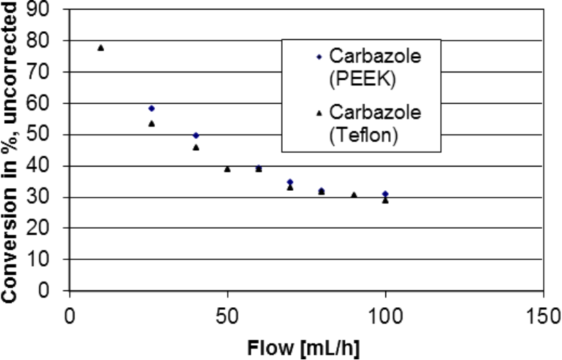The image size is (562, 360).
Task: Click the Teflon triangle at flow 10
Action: pyautogui.click(x=101, y=47)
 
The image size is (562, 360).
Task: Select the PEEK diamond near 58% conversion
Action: pyautogui.click(x=151, y=108)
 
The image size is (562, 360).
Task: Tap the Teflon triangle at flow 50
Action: pyautogui.click(x=227, y=168)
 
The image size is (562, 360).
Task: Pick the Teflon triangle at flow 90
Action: pyautogui.click(x=354, y=195)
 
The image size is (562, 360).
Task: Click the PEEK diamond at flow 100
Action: pyautogui.click(x=385, y=194)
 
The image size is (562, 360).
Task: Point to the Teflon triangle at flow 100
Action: pyautogui.click(x=385, y=200)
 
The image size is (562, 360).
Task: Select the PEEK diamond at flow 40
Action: pyautogui.click(x=196, y=135)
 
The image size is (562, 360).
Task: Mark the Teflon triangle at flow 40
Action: pyautogui.click(x=196, y=147)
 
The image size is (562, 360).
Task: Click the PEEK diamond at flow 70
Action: pyautogui.click(x=290, y=181)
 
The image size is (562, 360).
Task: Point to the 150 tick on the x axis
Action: pyautogui.click(x=544, y=316)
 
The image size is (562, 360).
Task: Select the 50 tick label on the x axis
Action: pyautogui.click(x=227, y=316)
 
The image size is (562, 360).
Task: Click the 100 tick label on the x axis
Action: pyautogui.click(x=385, y=316)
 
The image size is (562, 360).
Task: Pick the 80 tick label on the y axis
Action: pyautogui.click(x=48, y=41)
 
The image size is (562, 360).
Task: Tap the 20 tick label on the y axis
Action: pyautogui.click(x=48, y=229)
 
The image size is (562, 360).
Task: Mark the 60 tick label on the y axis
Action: pyautogui.click(x=48, y=104)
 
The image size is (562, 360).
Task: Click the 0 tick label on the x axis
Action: pyautogui.click(x=69, y=316)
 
